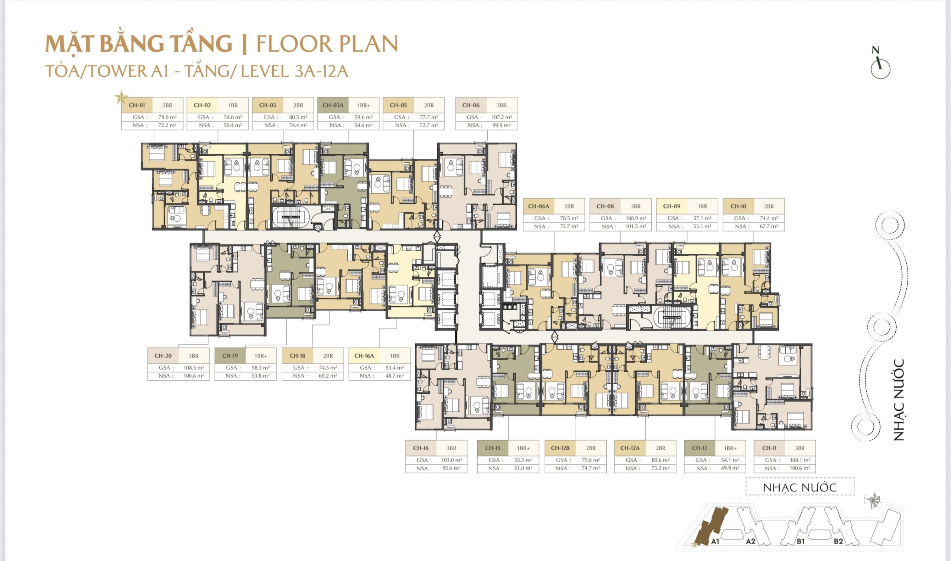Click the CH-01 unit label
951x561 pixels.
137,105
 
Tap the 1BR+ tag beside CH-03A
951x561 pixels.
364,105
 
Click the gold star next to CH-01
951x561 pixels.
121,97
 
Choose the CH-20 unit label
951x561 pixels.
163,356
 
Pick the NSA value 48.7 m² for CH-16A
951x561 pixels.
394,376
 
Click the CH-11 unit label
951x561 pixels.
769,448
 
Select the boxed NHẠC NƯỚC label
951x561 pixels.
800,488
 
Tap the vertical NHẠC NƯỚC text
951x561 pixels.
899,400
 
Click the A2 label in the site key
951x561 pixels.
750,541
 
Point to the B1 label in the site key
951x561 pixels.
800,541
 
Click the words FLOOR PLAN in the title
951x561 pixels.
327,43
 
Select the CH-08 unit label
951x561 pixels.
605,206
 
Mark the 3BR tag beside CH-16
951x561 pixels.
451,448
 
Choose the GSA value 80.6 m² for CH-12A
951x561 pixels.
660,460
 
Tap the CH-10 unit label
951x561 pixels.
739,206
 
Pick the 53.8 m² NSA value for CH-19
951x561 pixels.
261,376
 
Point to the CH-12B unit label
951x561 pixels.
560,448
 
